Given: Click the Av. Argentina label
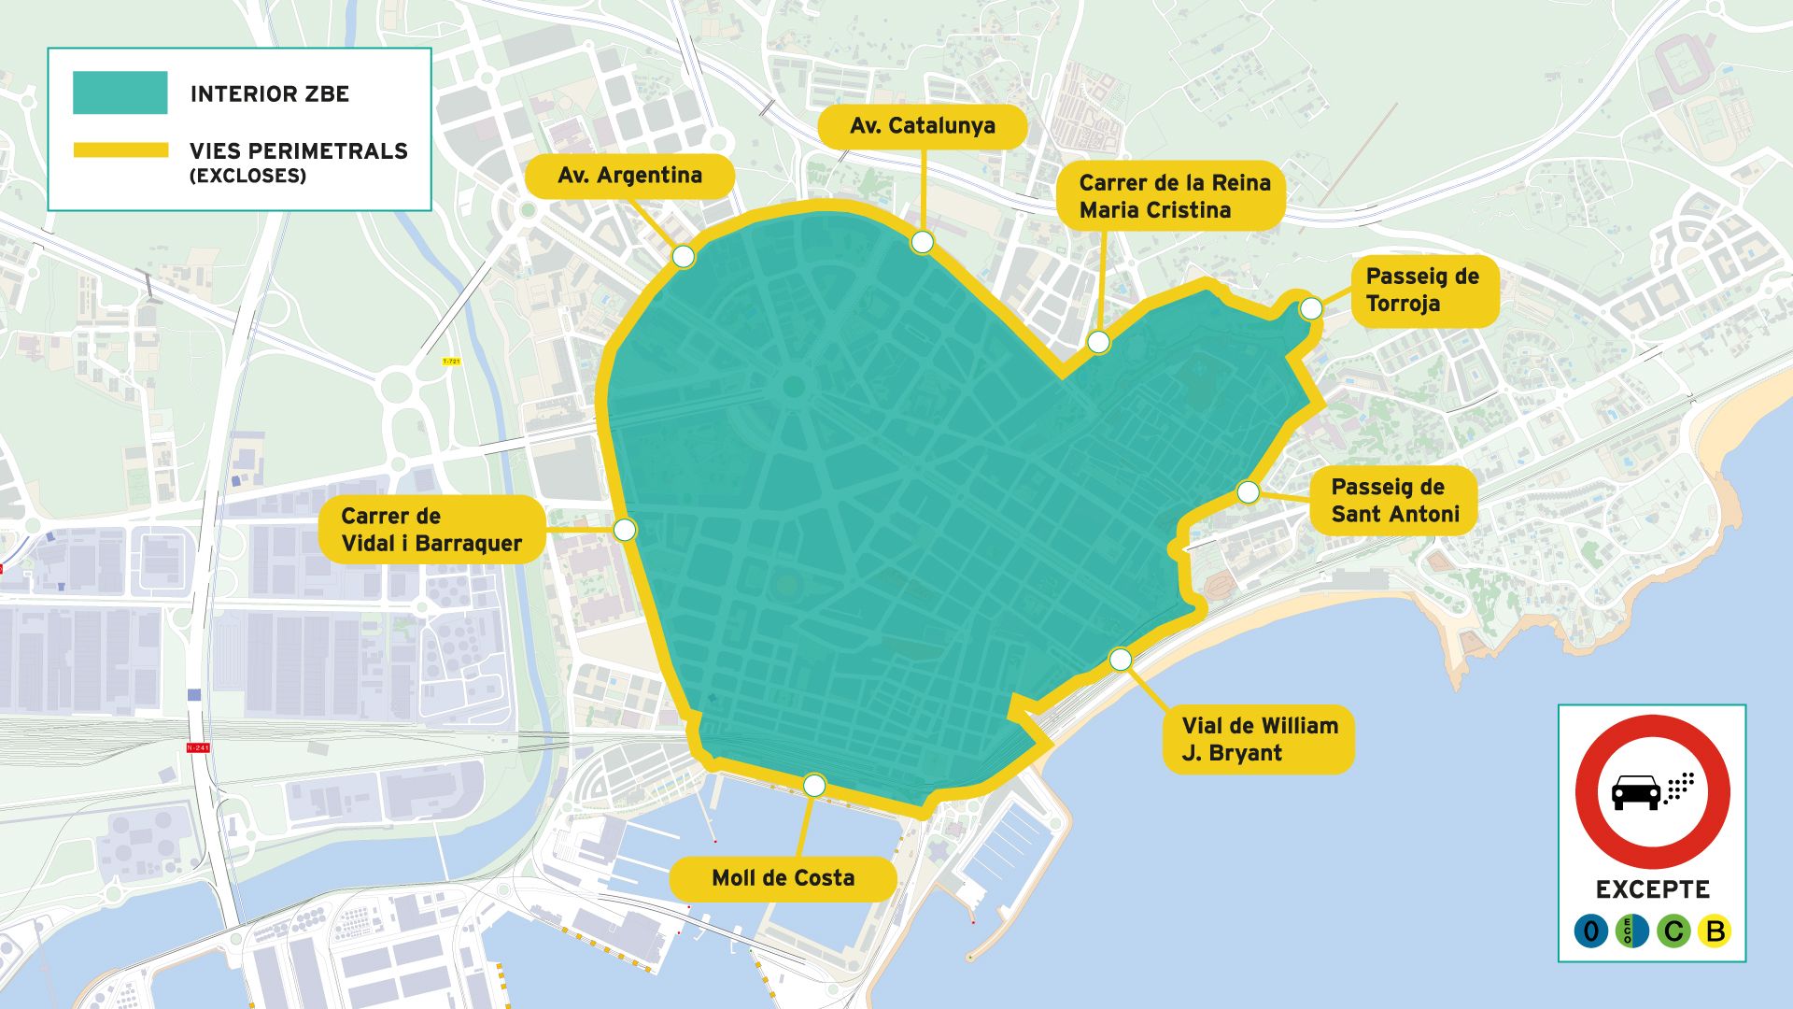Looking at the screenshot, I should pos(629,176).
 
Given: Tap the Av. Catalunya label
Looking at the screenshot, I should pos(922,126).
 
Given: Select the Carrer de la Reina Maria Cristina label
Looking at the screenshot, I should pos(1173,196).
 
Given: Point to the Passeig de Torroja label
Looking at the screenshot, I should pos(1422,291).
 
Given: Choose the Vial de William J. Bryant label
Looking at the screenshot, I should pos(1258,739).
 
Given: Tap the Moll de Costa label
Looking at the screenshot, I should pos(783,878).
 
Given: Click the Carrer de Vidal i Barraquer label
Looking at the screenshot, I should pos(431,530).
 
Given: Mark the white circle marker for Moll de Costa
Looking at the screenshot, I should pos(814,785).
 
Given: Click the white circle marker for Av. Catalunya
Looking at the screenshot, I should pos(922,243).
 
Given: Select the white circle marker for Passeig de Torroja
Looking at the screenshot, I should pos(1311,308).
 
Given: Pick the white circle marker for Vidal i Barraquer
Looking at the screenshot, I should pos(625,530).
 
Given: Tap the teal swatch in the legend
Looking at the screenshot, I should pos(120,92).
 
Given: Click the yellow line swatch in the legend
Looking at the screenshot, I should pos(120,150).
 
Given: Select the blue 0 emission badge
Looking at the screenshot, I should pos(1590,931).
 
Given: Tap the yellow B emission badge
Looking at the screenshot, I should pos(1715,931).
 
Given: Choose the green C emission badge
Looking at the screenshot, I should pos(1673,931).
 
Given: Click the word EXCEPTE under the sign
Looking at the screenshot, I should pos(1652,889).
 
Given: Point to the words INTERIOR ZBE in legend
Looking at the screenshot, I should pos(270,93).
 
